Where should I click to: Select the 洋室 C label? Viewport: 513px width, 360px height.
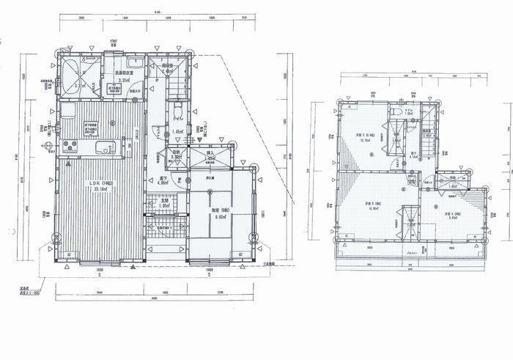tap(366, 136)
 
